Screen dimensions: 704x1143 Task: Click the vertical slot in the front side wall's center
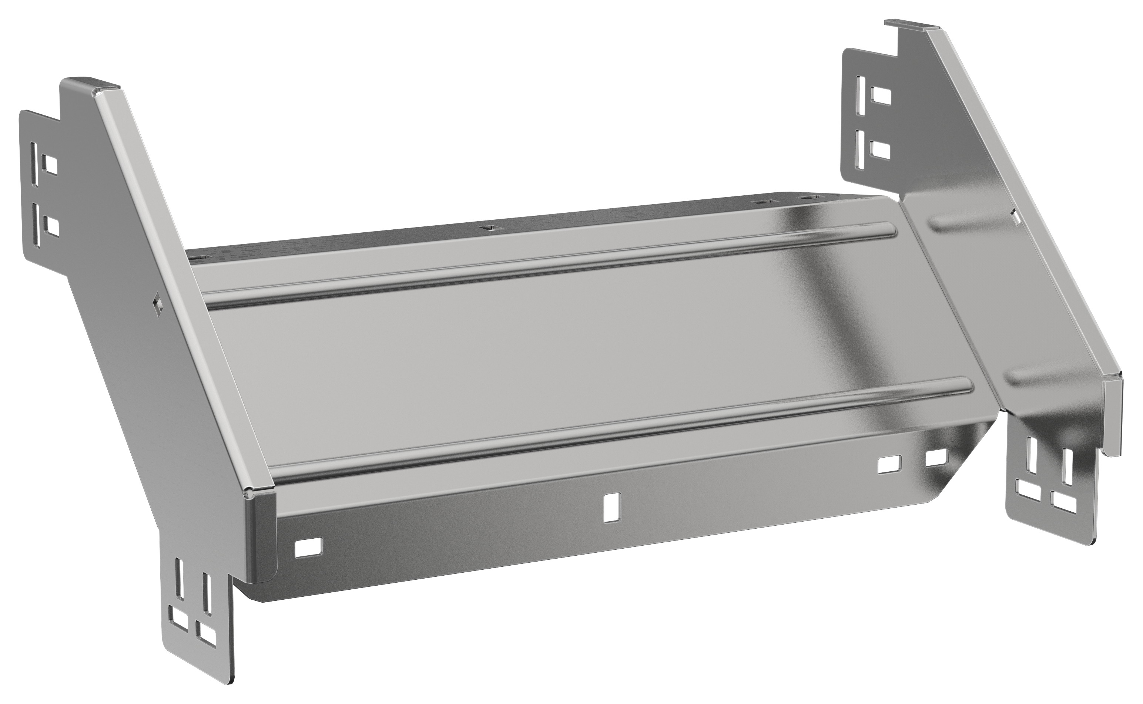click(x=609, y=507)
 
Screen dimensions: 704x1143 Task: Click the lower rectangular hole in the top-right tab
click(x=879, y=150)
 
